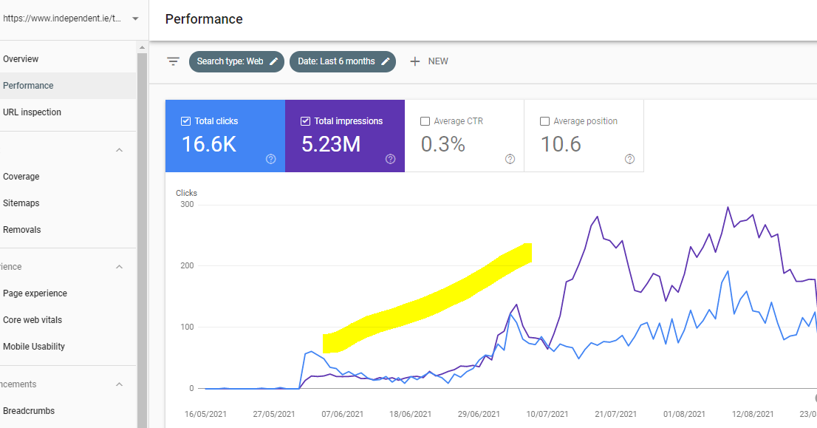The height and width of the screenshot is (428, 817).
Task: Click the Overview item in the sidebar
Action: (21, 59)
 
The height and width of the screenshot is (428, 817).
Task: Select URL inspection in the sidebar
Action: (32, 112)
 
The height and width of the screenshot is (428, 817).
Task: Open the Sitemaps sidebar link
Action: (21, 203)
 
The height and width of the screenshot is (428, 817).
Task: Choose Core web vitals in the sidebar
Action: (33, 320)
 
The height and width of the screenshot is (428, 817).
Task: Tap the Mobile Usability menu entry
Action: (34, 347)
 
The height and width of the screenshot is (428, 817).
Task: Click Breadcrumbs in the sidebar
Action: (29, 411)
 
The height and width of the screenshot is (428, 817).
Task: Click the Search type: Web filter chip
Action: (236, 61)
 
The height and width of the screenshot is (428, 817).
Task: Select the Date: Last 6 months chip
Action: (343, 61)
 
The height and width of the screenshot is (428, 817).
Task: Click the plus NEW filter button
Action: (429, 61)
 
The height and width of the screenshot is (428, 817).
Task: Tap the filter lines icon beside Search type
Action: (173, 61)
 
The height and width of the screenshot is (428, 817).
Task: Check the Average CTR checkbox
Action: (425, 121)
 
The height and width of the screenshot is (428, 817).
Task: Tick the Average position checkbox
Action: (545, 121)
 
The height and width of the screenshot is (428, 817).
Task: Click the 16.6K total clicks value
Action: (209, 145)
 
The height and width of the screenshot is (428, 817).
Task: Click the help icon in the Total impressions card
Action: (391, 159)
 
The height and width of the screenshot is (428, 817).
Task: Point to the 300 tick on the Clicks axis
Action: (187, 205)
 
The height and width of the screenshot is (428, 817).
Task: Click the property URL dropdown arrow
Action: (135, 18)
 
